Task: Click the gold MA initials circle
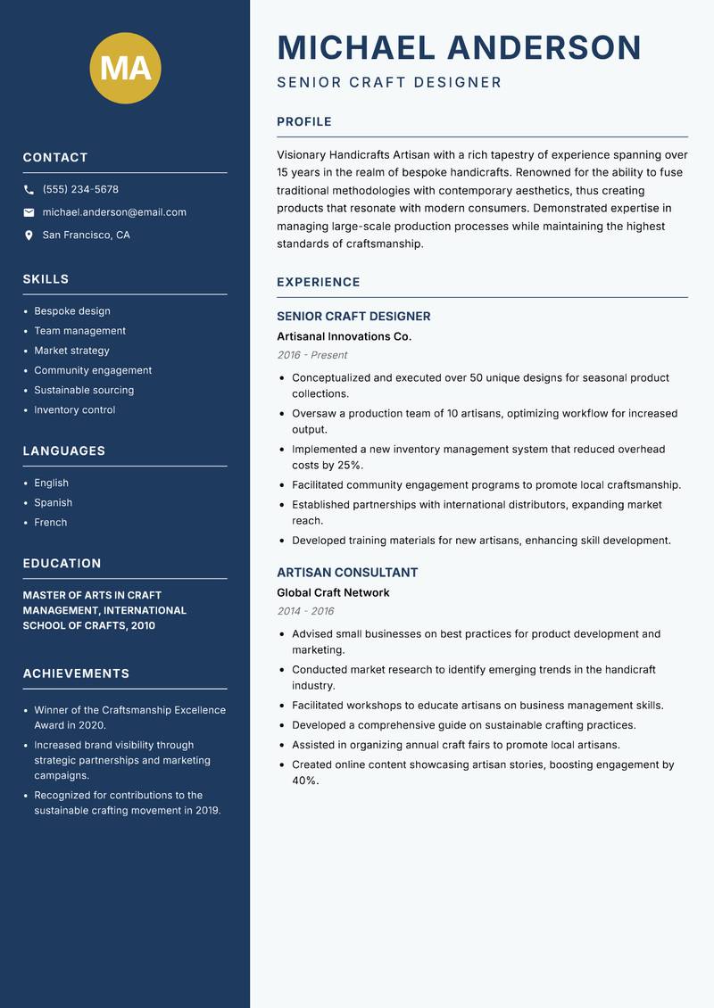(x=126, y=68)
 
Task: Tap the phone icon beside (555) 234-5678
(x=29, y=190)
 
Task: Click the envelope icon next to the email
(x=29, y=212)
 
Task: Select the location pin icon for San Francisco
(x=29, y=235)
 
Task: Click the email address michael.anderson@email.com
(x=114, y=212)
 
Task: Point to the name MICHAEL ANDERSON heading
(x=460, y=47)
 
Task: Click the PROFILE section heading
(x=304, y=122)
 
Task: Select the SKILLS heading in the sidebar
(x=46, y=279)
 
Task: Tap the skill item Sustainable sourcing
(x=84, y=390)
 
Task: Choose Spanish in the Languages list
(x=54, y=502)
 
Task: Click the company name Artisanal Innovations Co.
(x=344, y=336)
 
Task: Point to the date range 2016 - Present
(x=311, y=355)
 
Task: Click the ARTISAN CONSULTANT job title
(x=347, y=573)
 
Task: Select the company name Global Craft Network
(x=333, y=592)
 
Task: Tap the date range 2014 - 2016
(x=305, y=611)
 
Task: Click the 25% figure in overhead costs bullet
(x=350, y=465)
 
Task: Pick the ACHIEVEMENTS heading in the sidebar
(x=76, y=673)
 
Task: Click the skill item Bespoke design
(x=72, y=311)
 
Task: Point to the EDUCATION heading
(x=62, y=564)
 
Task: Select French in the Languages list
(x=51, y=522)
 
